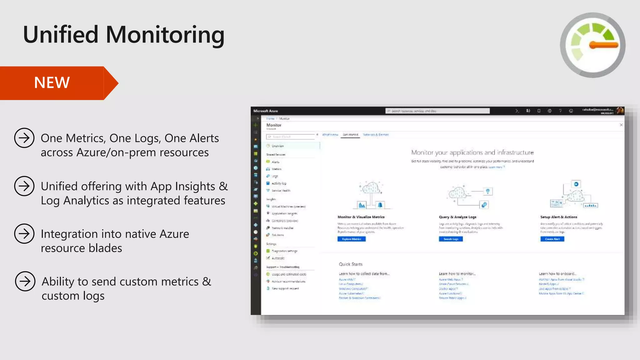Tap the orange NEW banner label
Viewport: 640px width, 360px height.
tap(52, 83)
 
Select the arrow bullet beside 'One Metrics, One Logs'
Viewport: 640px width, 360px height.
tap(24, 138)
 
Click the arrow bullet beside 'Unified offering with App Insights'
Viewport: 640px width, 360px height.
tap(24, 186)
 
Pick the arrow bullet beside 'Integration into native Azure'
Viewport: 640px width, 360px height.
tap(24, 234)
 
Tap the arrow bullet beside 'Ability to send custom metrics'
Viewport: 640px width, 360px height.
tap(25, 281)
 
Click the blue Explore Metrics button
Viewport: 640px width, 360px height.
tap(352, 239)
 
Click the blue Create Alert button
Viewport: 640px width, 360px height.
tap(552, 239)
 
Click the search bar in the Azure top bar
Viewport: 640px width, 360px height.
tap(437, 111)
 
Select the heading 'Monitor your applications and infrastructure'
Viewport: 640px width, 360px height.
tap(472, 152)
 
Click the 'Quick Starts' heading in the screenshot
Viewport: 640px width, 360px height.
tap(351, 264)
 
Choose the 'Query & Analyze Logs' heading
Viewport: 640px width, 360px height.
tap(457, 217)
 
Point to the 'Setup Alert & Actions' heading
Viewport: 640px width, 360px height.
tap(559, 217)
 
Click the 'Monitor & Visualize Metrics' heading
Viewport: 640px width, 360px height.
tap(361, 217)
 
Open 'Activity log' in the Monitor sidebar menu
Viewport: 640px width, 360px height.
tap(279, 183)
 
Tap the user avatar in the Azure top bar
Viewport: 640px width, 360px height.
tap(620, 111)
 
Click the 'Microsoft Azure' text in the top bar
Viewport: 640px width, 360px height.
tap(266, 111)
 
